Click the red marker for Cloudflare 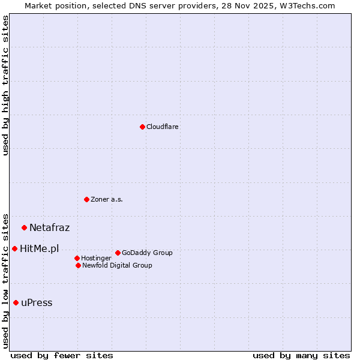click(x=142, y=127)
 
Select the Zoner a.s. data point click(x=86, y=199)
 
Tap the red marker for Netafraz click(x=24, y=227)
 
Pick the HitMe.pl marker click(x=14, y=248)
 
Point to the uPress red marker click(x=16, y=302)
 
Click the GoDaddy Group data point click(x=118, y=253)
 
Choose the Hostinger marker click(x=77, y=258)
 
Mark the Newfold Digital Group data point click(x=78, y=265)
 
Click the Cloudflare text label click(x=163, y=127)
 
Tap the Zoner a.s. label click(x=107, y=200)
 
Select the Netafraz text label click(x=50, y=228)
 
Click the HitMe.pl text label click(x=40, y=249)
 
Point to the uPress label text click(x=37, y=303)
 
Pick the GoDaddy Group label click(x=147, y=253)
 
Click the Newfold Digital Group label click(x=117, y=266)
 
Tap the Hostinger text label click(x=96, y=259)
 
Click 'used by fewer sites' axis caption click(x=62, y=356)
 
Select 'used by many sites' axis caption click(x=301, y=356)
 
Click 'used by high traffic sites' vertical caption click(x=5, y=85)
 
